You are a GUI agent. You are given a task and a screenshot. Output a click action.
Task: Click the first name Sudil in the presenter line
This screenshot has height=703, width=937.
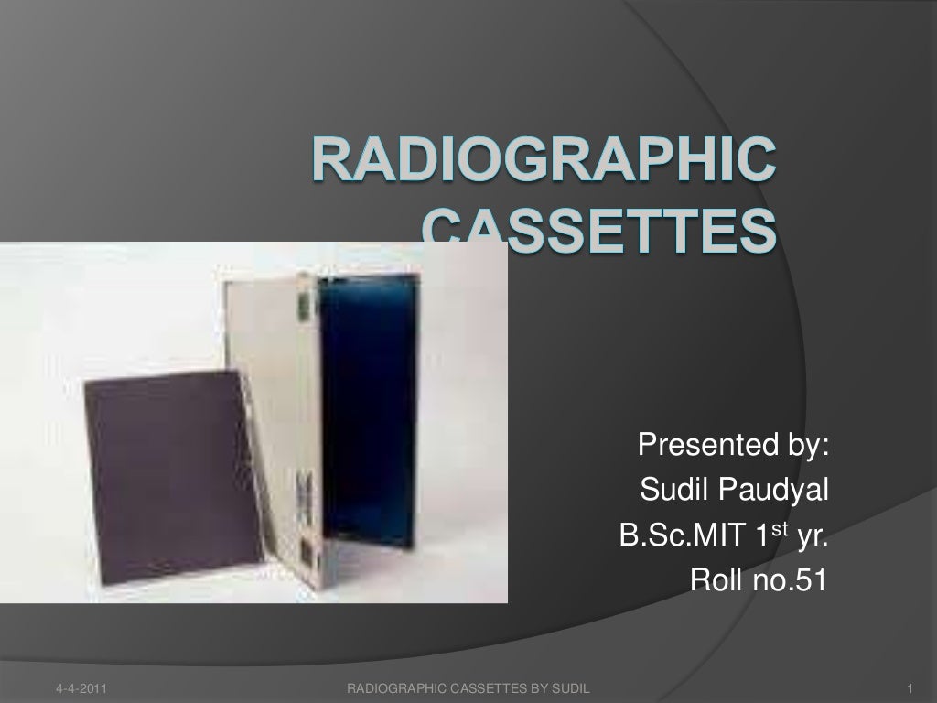[x=673, y=492]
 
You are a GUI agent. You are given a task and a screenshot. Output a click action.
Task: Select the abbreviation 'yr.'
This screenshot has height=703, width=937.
[x=813, y=535]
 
